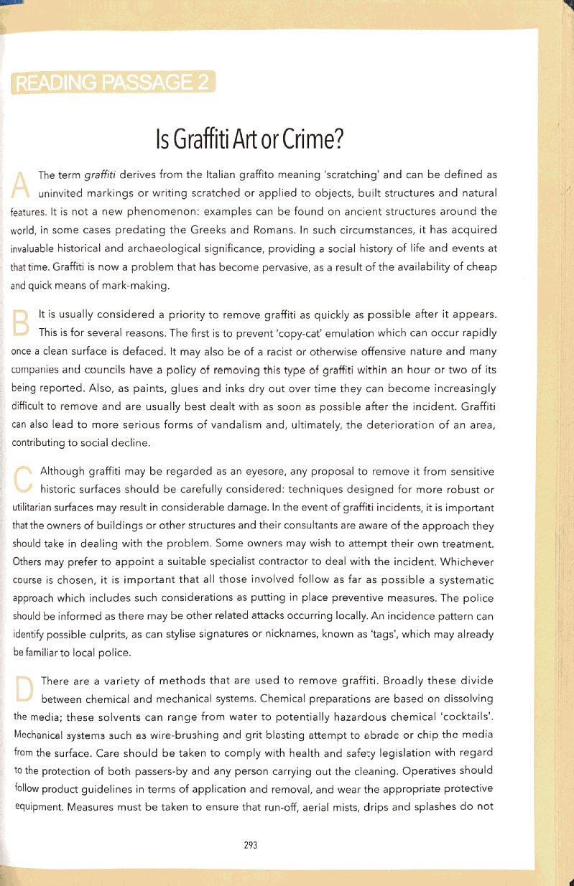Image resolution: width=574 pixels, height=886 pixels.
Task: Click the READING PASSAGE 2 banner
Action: point(113,83)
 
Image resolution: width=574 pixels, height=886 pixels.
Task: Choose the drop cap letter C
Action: point(24,480)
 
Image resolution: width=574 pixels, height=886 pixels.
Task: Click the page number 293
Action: point(251,845)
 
